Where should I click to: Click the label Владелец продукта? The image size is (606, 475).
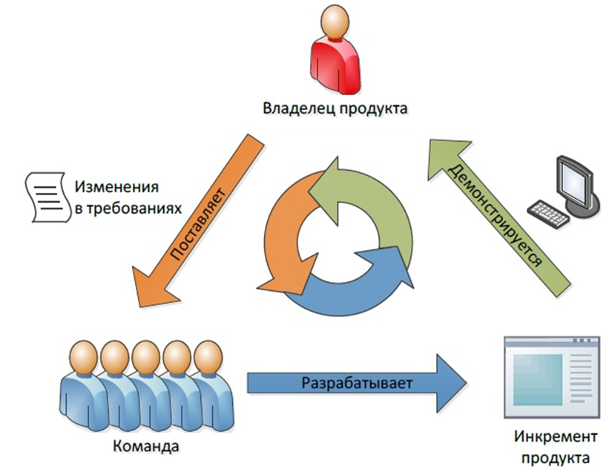click(335, 109)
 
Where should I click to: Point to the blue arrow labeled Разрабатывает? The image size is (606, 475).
click(357, 383)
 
